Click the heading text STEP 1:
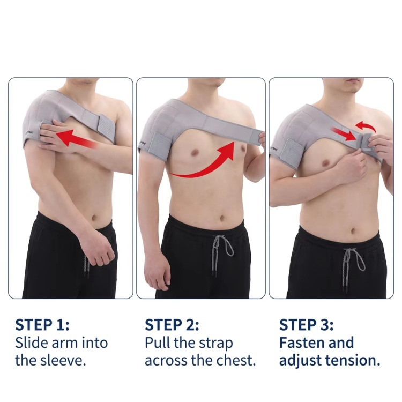[42, 325]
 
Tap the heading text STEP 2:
[172, 325]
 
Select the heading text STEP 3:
[307, 325]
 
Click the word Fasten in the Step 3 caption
[301, 343]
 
